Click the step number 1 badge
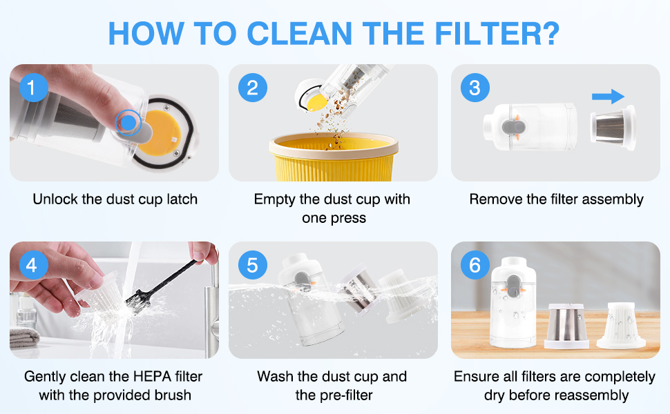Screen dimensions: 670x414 pyautogui.click(x=34, y=88)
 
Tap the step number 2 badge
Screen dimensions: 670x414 pyautogui.click(x=253, y=88)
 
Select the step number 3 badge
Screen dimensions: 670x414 pyautogui.click(x=475, y=88)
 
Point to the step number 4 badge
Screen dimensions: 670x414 pyautogui.click(x=34, y=265)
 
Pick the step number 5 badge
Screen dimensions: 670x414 pyautogui.click(x=253, y=265)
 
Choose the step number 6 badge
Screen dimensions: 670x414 pyautogui.click(x=475, y=265)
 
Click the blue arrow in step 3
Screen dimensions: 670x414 pyautogui.click(x=608, y=97)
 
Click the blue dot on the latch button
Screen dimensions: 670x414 pyautogui.click(x=128, y=123)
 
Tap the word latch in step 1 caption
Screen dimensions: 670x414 pyautogui.click(x=182, y=199)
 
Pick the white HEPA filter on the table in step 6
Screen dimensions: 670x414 pyautogui.click(x=621, y=325)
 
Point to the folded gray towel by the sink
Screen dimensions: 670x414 pyautogui.click(x=24, y=337)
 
